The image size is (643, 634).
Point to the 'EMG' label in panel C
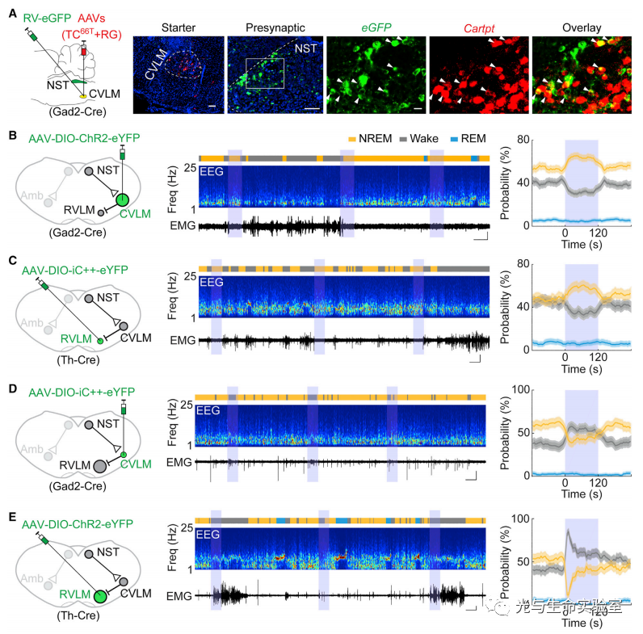pos(182,341)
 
